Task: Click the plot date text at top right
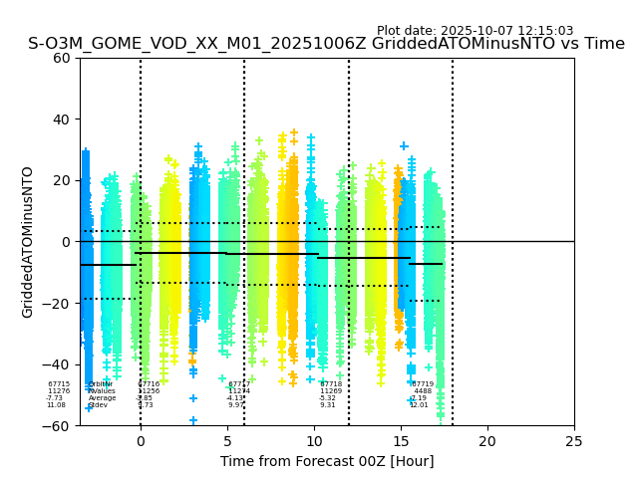tap(475, 31)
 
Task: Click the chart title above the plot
tap(326, 44)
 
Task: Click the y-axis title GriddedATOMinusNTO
tap(28, 242)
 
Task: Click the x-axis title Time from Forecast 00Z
tap(327, 461)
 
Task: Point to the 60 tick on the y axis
tap(62, 58)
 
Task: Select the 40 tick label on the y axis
tap(62, 119)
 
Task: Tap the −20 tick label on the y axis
tap(58, 304)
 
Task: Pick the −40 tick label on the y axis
tap(58, 364)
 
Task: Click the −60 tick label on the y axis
tap(58, 426)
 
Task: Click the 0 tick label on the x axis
tap(141, 440)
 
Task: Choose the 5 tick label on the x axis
tap(227, 440)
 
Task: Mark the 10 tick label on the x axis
tap(314, 440)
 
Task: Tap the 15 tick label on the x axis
tap(401, 440)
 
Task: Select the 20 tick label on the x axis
tap(487, 440)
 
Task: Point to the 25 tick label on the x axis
tap(574, 440)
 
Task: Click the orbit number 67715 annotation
tap(59, 384)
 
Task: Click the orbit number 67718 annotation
tap(331, 384)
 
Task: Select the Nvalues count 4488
tap(423, 391)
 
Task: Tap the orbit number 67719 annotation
tap(423, 384)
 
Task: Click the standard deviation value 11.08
tap(56, 405)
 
